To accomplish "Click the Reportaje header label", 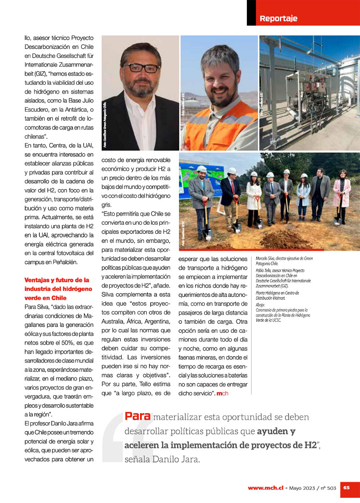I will point(278,18).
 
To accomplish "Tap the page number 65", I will point(346,487).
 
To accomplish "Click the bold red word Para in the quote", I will point(138,416).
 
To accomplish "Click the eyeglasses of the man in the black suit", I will point(141,68).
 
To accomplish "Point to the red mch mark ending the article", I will point(222,394).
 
